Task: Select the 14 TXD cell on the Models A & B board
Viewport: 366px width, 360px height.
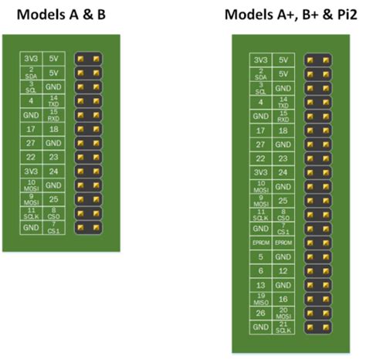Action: [53, 100]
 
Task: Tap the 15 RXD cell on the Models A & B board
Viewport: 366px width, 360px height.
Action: [53, 115]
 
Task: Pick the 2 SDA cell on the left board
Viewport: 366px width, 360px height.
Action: [30, 73]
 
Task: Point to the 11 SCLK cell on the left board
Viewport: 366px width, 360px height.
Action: [30, 214]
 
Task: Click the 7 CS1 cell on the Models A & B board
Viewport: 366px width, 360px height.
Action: [53, 227]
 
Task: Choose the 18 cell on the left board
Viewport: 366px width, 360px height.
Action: [53, 129]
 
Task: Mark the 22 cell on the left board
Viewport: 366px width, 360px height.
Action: [30, 158]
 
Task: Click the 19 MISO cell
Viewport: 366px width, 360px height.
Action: [261, 299]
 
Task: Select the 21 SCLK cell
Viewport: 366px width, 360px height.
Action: [284, 328]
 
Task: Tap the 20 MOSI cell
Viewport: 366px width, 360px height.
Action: [284, 313]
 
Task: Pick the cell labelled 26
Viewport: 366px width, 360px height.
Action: [261, 313]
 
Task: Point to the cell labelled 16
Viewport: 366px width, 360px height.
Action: [284, 299]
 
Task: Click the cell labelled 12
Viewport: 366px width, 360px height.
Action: [284, 270]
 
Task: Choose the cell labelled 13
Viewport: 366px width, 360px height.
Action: [261, 285]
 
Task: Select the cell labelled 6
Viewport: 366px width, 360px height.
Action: [261, 270]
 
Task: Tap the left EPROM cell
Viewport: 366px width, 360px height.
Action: [261, 243]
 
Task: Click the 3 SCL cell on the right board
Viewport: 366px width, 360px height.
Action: [261, 87]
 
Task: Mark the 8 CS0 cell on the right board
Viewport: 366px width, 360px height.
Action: [284, 214]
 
